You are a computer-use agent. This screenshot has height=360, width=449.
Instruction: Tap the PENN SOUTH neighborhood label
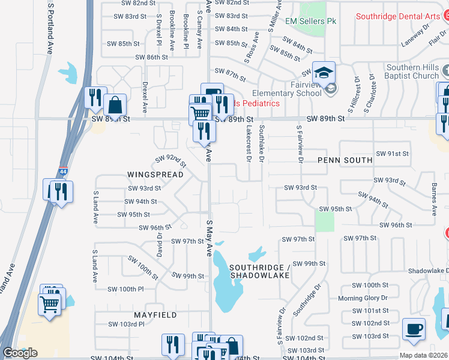coord(345,161)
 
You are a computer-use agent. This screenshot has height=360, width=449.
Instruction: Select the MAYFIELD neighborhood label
coord(155,314)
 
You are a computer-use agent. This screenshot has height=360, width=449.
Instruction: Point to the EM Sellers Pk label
coord(310,22)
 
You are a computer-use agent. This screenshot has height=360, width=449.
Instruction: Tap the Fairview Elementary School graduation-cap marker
coord(323,74)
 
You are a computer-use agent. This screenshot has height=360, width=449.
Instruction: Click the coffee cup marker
coord(413,329)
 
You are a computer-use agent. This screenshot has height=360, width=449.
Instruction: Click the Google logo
coord(20,353)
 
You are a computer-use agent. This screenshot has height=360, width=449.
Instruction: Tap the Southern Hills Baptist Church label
coord(413,71)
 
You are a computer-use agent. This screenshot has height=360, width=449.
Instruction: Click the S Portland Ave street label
coord(50,28)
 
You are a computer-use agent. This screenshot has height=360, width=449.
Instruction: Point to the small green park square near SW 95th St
coord(324,221)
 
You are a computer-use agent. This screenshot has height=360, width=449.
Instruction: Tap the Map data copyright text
coord(423,355)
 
